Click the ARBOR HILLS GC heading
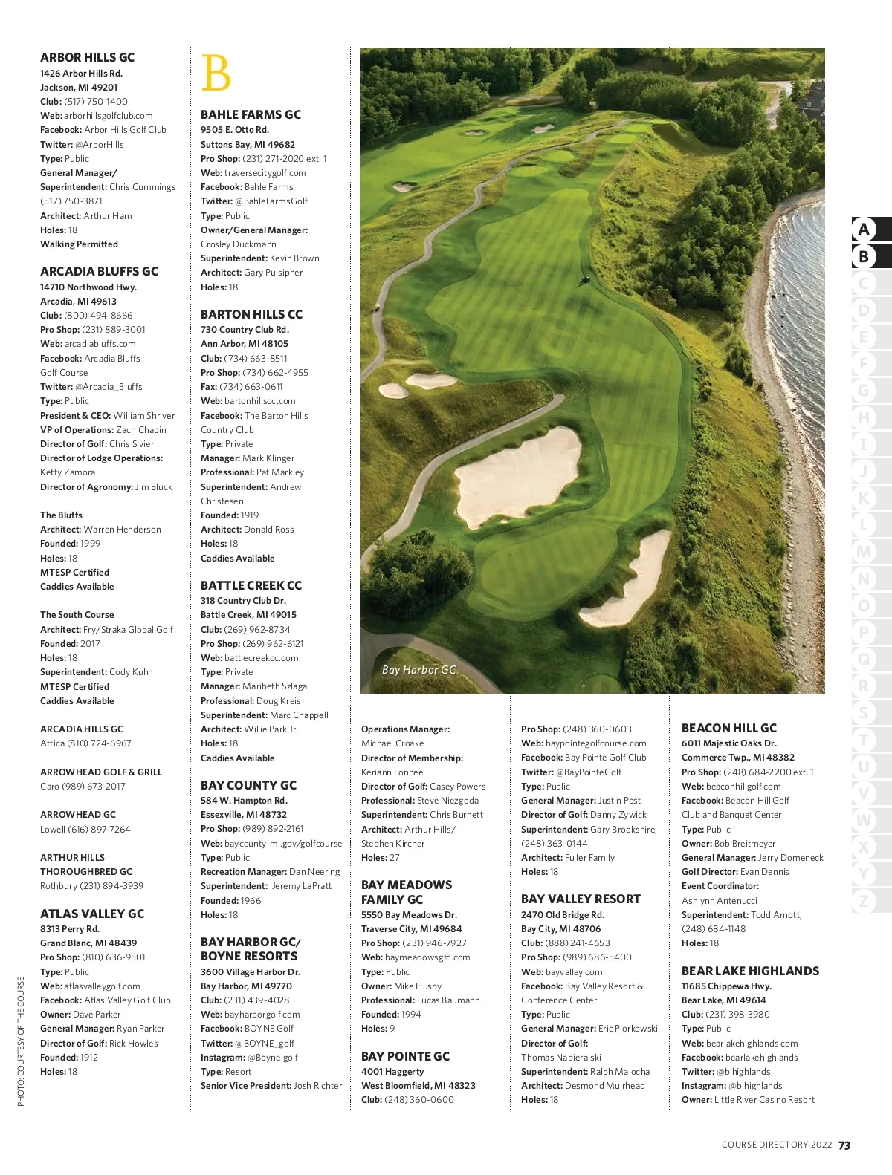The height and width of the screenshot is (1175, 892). tap(87, 57)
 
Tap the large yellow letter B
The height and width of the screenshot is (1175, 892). tap(216, 73)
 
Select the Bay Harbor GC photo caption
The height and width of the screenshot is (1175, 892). tap(418, 670)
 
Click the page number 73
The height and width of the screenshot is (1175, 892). tap(844, 1145)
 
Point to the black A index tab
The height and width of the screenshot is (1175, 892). tap(864, 229)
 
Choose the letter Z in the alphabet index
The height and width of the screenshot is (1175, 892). tap(863, 902)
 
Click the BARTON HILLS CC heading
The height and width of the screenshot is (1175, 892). tap(251, 314)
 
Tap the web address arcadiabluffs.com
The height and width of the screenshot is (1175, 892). tap(100, 344)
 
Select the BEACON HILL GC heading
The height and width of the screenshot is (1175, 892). tap(728, 728)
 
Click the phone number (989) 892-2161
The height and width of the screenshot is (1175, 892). tap(273, 829)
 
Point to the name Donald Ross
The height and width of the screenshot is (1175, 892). tap(269, 530)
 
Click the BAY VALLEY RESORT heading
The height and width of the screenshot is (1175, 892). tap(581, 899)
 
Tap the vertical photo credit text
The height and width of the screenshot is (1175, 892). tap(21, 1041)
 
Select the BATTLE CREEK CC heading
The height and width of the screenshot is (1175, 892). tap(251, 585)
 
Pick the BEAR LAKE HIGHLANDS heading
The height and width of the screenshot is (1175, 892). tap(750, 971)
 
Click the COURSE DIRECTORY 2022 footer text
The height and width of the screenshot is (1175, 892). tap(777, 1145)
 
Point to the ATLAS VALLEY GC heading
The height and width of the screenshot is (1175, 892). tap(92, 914)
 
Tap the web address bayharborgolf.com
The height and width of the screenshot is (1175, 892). tap(262, 1015)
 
